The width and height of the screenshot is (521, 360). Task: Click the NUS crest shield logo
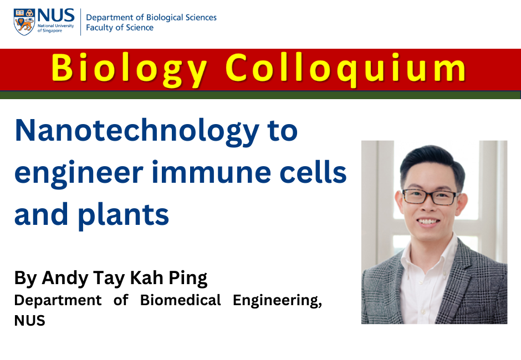pyautogui.click(x=24, y=22)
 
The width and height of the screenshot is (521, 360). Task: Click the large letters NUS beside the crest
pyautogui.click(x=56, y=16)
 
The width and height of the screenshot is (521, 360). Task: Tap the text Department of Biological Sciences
pyautogui.click(x=151, y=18)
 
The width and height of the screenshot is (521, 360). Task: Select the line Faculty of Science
pyautogui.click(x=120, y=28)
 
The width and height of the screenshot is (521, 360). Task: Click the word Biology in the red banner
pyautogui.click(x=129, y=69)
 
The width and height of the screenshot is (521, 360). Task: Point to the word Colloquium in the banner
pyautogui.click(x=346, y=69)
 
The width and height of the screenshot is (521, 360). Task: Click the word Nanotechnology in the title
pyautogui.click(x=137, y=131)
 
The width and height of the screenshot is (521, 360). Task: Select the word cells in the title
pyautogui.click(x=313, y=172)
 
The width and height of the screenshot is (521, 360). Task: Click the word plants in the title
pyautogui.click(x=123, y=215)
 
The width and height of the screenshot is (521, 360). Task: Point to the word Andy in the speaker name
pyautogui.click(x=64, y=278)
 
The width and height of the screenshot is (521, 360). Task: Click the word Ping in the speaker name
pyautogui.click(x=188, y=278)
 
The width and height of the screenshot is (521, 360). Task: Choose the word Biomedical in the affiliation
pyautogui.click(x=181, y=300)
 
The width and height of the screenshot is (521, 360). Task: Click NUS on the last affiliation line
pyautogui.click(x=29, y=321)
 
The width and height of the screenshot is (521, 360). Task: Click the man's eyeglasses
pyautogui.click(x=430, y=197)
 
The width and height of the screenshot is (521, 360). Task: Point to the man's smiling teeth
pyautogui.click(x=428, y=221)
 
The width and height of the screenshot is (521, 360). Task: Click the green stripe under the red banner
pyautogui.click(x=260, y=95)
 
